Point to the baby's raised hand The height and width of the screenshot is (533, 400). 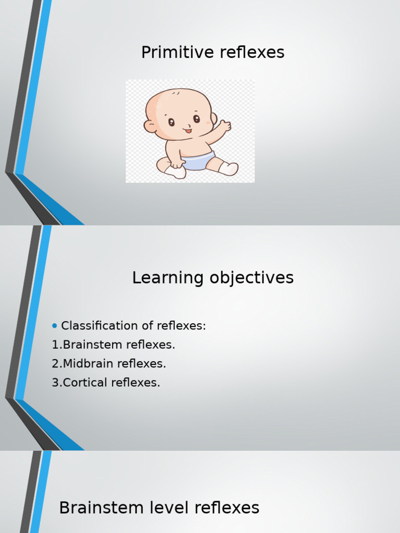[x=224, y=125]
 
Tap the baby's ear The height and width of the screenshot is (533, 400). [x=150, y=126]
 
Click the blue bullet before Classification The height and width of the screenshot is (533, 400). [x=55, y=326]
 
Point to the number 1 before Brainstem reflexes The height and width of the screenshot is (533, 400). [x=55, y=345]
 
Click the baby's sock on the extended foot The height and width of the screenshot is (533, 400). [x=229, y=168]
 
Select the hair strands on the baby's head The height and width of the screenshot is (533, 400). [x=177, y=93]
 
